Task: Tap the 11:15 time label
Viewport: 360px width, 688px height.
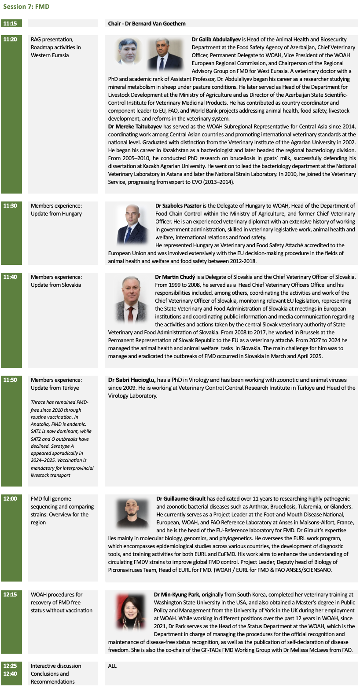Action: click(10, 24)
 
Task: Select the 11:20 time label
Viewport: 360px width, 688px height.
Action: click(10, 40)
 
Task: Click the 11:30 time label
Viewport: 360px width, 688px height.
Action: click(10, 206)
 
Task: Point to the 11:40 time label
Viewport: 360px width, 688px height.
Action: click(10, 277)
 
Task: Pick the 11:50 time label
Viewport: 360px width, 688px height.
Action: click(10, 380)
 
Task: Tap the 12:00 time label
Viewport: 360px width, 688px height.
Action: click(10, 499)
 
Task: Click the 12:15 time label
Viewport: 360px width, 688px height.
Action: click(10, 595)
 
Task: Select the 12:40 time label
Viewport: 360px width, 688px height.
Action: click(10, 674)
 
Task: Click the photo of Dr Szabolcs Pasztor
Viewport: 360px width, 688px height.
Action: click(132, 224)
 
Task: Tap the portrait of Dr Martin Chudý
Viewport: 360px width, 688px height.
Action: click(131, 299)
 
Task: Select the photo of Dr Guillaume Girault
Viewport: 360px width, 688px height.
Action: click(132, 513)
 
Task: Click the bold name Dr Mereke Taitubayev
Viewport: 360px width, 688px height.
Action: click(137, 126)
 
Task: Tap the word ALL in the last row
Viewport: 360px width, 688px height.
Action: click(113, 666)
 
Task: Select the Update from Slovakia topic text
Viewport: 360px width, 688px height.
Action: click(56, 285)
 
